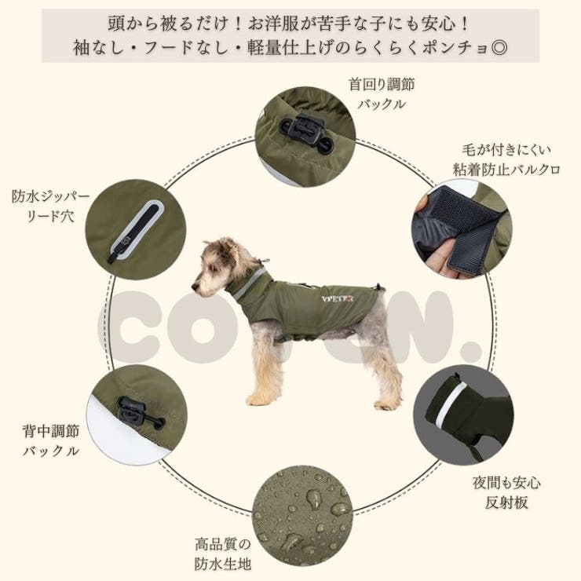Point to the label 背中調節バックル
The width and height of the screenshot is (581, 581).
(x=50, y=440)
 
